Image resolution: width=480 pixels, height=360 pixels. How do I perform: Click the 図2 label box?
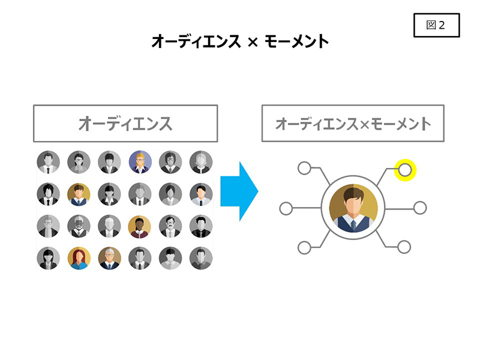coord(436,25)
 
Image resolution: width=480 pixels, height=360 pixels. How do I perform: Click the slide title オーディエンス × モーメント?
coord(240,41)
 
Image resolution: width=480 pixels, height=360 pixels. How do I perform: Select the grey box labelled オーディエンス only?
coord(125,124)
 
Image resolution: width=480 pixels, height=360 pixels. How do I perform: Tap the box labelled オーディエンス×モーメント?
coord(353,124)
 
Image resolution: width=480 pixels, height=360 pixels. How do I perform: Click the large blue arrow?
coord(239,191)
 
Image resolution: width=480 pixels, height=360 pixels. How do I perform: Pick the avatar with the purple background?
coord(140,161)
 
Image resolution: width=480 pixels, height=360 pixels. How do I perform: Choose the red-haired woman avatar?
coord(79,258)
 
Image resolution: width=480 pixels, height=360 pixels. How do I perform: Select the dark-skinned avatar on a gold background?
coord(140,226)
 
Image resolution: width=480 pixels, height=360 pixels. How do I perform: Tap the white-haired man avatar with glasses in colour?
coord(109,258)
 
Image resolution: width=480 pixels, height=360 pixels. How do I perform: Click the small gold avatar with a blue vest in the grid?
coord(79,194)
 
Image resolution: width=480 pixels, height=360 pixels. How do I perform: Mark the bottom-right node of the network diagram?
coord(404,247)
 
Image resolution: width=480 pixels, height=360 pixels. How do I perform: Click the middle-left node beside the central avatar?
coord(287,209)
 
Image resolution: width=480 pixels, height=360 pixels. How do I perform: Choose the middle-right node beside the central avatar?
coord(420,208)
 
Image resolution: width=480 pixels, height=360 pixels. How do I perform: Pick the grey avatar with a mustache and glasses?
coord(170,226)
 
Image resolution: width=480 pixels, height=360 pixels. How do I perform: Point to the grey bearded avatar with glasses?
coord(79,226)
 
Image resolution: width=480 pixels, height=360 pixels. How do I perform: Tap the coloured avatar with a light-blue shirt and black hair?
coord(201,194)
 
